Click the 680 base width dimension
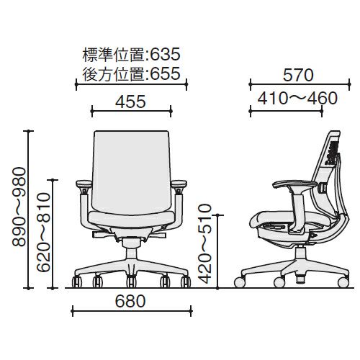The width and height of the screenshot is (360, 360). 130,301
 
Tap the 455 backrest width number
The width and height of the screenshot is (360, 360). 130,102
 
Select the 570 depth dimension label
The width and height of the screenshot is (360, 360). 298,75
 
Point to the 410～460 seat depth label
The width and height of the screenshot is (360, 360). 297,98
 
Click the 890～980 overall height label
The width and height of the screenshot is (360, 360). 19,207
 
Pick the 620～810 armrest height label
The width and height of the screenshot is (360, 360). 44,233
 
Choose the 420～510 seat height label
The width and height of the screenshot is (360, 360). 205,244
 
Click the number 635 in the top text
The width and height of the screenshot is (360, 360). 165,54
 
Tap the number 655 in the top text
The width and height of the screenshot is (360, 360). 165,73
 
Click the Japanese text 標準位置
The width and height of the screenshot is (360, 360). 114,55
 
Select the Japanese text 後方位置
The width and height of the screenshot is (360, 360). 114,73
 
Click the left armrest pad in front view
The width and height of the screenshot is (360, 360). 84,184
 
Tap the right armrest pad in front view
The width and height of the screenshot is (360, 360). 179,184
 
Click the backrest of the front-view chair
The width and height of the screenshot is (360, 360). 131,171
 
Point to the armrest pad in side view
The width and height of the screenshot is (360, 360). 295,184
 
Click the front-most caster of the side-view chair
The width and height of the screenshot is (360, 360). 240,282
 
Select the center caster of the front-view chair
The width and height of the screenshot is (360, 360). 131,282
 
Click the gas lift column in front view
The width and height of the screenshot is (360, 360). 132,254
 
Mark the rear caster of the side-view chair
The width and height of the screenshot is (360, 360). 343,282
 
